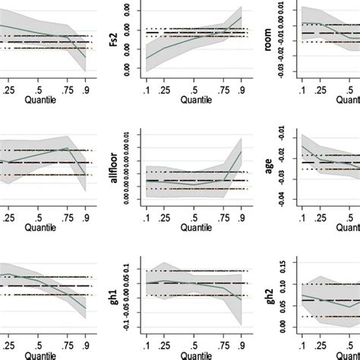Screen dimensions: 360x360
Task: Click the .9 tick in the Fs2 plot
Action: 242,89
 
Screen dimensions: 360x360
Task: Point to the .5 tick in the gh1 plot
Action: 194,346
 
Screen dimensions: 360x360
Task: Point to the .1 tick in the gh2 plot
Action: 302,346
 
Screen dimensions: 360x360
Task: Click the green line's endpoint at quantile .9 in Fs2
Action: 242,17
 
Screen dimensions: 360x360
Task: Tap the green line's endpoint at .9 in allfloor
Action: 242,150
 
